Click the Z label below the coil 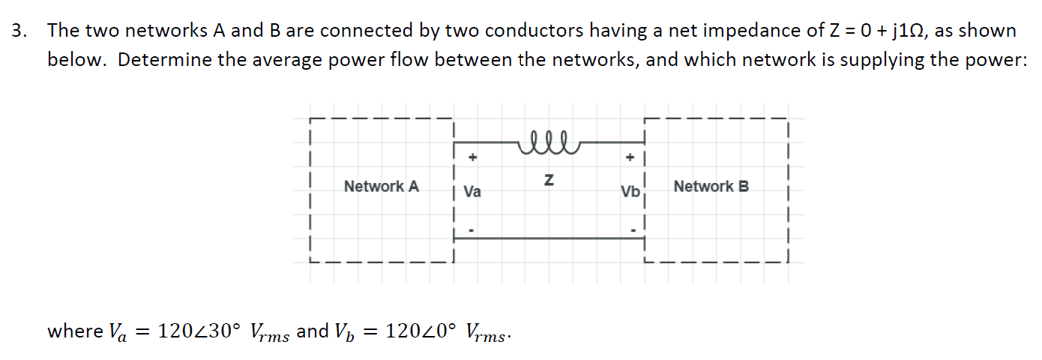549,181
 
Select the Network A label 381,186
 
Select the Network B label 711,186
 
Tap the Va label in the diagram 472,192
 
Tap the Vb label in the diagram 630,192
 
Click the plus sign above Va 472,158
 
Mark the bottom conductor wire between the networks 549,238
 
